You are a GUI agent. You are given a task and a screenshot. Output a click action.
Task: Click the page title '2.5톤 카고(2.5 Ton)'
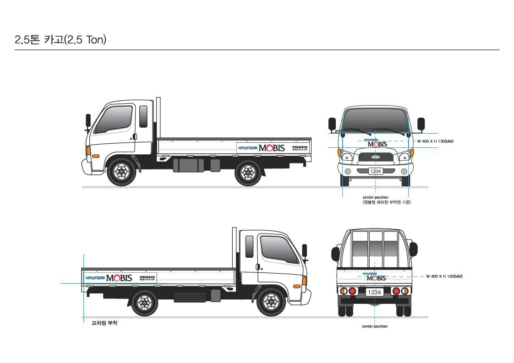60,40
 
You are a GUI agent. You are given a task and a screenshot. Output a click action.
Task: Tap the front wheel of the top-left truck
121,172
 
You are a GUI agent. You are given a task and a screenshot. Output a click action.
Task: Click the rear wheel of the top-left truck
248,172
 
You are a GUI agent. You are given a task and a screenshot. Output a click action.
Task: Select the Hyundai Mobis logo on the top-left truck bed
261,148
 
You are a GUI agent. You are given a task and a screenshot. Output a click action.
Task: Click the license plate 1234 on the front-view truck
375,171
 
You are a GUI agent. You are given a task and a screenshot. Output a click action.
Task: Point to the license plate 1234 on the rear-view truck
374,292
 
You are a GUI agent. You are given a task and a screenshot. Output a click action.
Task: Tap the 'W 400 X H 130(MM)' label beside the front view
435,141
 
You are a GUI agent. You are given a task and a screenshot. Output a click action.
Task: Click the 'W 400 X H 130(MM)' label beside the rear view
444,276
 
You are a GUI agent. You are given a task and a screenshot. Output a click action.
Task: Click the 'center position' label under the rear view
374,326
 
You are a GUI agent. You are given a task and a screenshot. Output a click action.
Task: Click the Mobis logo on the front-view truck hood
377,143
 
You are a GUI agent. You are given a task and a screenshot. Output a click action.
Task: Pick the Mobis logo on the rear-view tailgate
376,277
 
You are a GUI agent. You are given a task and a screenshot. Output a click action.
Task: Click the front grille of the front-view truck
375,157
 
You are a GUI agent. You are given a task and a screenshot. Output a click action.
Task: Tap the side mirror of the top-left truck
88,121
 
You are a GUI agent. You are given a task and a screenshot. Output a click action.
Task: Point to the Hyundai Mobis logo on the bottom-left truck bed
109,278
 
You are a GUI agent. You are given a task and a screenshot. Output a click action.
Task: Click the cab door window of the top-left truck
118,119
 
